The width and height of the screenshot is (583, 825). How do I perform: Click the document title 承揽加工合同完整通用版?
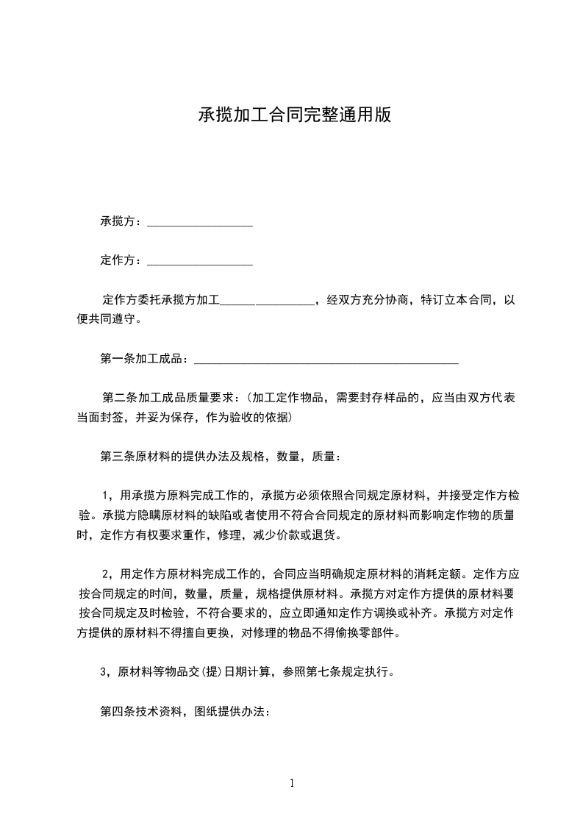click(294, 115)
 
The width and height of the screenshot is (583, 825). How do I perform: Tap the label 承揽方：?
click(123, 221)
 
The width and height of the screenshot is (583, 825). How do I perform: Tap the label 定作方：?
click(123, 260)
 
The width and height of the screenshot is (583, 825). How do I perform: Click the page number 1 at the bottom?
click(292, 782)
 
